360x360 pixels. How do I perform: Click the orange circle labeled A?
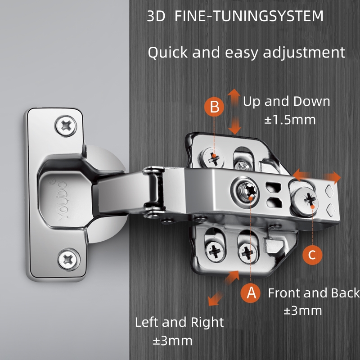251,293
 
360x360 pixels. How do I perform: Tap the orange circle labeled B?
215,107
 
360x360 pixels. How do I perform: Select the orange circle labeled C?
312,255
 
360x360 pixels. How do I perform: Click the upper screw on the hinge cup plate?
66,126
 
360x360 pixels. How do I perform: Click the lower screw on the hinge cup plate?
68,260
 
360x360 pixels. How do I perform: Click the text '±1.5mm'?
290,120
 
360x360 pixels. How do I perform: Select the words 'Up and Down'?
287,101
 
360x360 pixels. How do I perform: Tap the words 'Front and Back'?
314,293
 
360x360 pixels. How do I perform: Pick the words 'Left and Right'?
179,322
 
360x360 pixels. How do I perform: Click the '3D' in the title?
156,16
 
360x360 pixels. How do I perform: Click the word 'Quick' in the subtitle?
168,53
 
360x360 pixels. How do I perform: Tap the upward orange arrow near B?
234,97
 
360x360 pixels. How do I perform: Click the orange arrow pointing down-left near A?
215,299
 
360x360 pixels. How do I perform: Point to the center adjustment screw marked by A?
246,192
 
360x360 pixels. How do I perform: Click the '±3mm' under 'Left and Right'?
173,341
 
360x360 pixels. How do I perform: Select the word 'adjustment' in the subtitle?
304,53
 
